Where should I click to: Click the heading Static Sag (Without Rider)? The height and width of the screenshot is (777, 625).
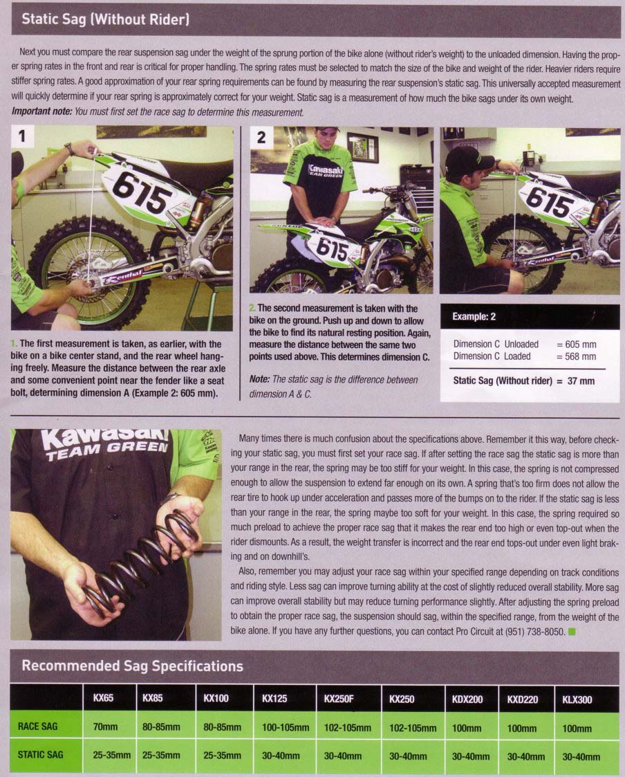106,19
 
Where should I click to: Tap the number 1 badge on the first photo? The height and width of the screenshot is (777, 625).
21,136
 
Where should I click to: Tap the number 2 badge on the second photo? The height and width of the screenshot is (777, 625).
261,137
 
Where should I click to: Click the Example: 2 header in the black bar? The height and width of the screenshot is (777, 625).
474,317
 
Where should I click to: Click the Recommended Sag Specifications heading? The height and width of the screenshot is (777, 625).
132,666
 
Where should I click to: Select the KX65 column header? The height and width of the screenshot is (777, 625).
103,697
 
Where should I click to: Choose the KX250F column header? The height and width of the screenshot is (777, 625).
339,699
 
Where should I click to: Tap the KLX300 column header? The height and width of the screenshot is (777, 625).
577,700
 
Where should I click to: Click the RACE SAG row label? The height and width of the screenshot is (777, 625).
37,726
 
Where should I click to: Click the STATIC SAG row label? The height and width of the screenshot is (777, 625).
41,755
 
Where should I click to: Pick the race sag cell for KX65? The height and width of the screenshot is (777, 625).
106,727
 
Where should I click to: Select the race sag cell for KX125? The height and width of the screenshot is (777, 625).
286,727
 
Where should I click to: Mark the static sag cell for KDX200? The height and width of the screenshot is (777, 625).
471,757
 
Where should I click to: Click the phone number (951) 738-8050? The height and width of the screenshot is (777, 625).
535,631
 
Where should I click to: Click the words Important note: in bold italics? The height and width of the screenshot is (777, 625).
41,112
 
